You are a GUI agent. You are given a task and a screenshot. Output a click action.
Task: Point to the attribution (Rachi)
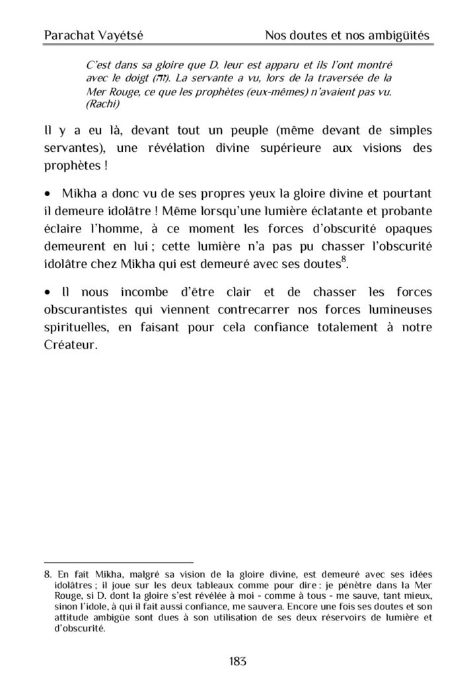point(105,103)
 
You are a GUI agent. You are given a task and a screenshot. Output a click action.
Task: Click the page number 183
point(235,659)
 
